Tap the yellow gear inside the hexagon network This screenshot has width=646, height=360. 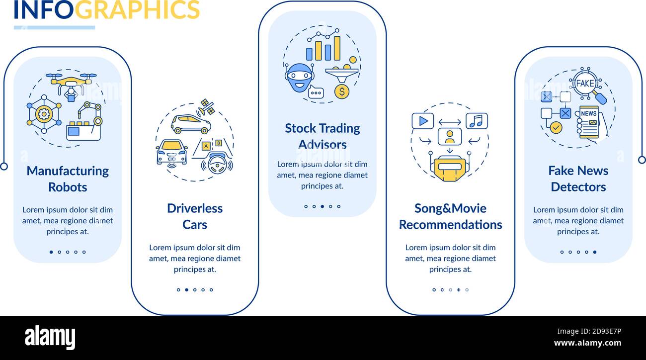(44, 114)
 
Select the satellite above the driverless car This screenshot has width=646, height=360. (207, 107)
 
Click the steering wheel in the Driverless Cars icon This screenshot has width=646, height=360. (217, 164)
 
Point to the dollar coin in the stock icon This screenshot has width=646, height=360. (342, 91)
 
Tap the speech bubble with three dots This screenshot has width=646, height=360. (316, 92)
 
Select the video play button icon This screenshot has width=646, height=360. (423, 121)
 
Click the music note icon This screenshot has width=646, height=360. (477, 121)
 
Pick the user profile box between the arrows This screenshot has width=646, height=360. (450, 137)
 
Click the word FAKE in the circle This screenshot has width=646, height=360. (585, 84)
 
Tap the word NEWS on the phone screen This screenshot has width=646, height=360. (589, 113)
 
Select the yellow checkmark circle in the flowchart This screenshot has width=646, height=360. (556, 127)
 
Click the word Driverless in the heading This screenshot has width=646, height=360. (195, 208)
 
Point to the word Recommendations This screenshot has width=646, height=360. (451, 225)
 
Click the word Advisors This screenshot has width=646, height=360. (323, 144)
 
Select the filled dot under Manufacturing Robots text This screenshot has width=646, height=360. (51, 252)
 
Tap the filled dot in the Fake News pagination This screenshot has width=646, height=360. (595, 252)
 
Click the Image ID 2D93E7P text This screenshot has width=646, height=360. (589, 331)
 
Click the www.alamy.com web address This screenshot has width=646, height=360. (587, 343)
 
